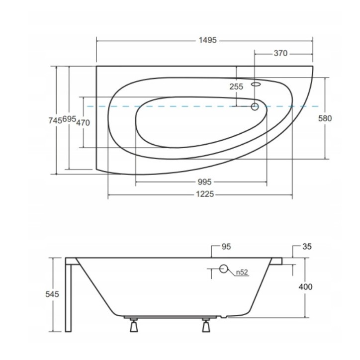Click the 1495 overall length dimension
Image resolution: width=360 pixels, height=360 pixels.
[x=207, y=40]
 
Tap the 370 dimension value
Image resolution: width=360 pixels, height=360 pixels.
[x=280, y=53]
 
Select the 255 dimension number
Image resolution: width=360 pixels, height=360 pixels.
[x=236, y=87]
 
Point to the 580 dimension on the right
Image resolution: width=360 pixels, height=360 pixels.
[x=325, y=118]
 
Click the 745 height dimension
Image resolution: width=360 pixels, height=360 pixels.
[x=55, y=120]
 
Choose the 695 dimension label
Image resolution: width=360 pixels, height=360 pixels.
[x=69, y=119]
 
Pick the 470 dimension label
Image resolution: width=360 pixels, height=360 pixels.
[x=83, y=123]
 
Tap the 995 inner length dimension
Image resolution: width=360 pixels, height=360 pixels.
[x=204, y=182]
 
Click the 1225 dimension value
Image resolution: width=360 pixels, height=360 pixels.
[x=205, y=194]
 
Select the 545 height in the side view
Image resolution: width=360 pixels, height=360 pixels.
[x=52, y=294]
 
